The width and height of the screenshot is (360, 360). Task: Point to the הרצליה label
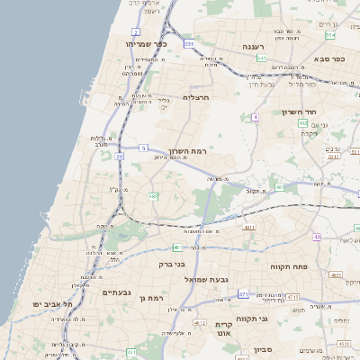[195, 97]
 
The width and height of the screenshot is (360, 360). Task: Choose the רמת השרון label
[187, 152]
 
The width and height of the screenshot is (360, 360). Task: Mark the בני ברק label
[172, 265]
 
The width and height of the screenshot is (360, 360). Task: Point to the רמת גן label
[156, 297]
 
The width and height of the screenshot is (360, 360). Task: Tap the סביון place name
[262, 349]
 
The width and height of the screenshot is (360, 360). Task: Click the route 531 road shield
[188, 42]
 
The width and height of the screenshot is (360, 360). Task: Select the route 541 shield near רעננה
[261, 58]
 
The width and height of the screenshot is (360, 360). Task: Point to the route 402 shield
[302, 122]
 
